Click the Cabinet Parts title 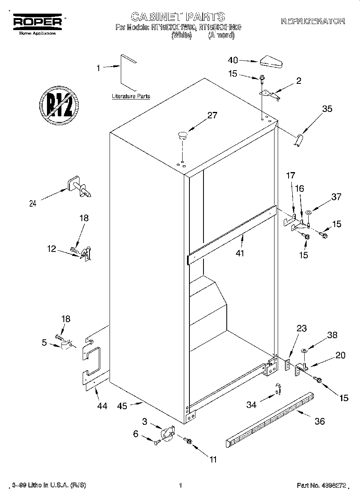[x=178, y=16]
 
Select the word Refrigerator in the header [x=313, y=21]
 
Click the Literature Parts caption [x=130, y=96]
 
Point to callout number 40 [x=233, y=60]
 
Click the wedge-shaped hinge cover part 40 [x=271, y=62]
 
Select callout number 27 [x=212, y=116]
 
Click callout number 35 [x=327, y=108]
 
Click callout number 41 [x=240, y=253]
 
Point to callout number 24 [x=33, y=203]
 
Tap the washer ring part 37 [x=309, y=211]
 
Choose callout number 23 [x=302, y=329]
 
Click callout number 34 [x=251, y=405]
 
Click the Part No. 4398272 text [x=321, y=485]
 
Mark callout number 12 [x=51, y=249]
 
